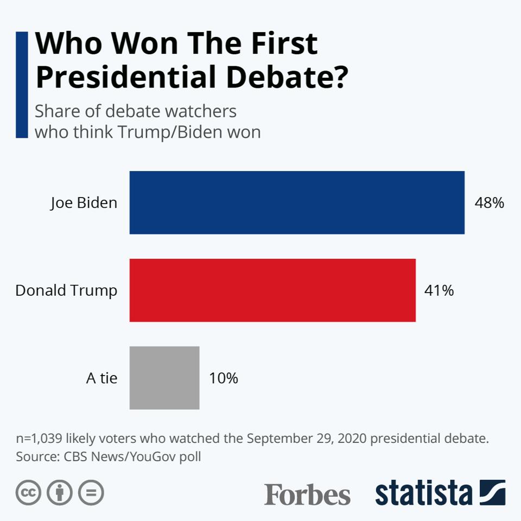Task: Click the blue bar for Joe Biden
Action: tap(297, 202)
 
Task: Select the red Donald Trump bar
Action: tap(272, 290)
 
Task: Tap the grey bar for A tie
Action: tap(164, 378)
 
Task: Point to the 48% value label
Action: tap(490, 203)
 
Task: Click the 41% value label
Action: tap(439, 291)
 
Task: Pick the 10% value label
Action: tap(224, 378)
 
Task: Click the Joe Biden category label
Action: tap(84, 203)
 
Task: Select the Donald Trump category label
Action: tap(66, 290)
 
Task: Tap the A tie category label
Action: tap(101, 378)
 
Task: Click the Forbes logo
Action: tap(307, 494)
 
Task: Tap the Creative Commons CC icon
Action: tap(29, 493)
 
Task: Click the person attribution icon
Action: tap(60, 493)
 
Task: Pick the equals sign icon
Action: tap(91, 493)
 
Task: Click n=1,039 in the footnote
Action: tap(41, 438)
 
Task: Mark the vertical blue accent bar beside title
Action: tap(22, 85)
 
